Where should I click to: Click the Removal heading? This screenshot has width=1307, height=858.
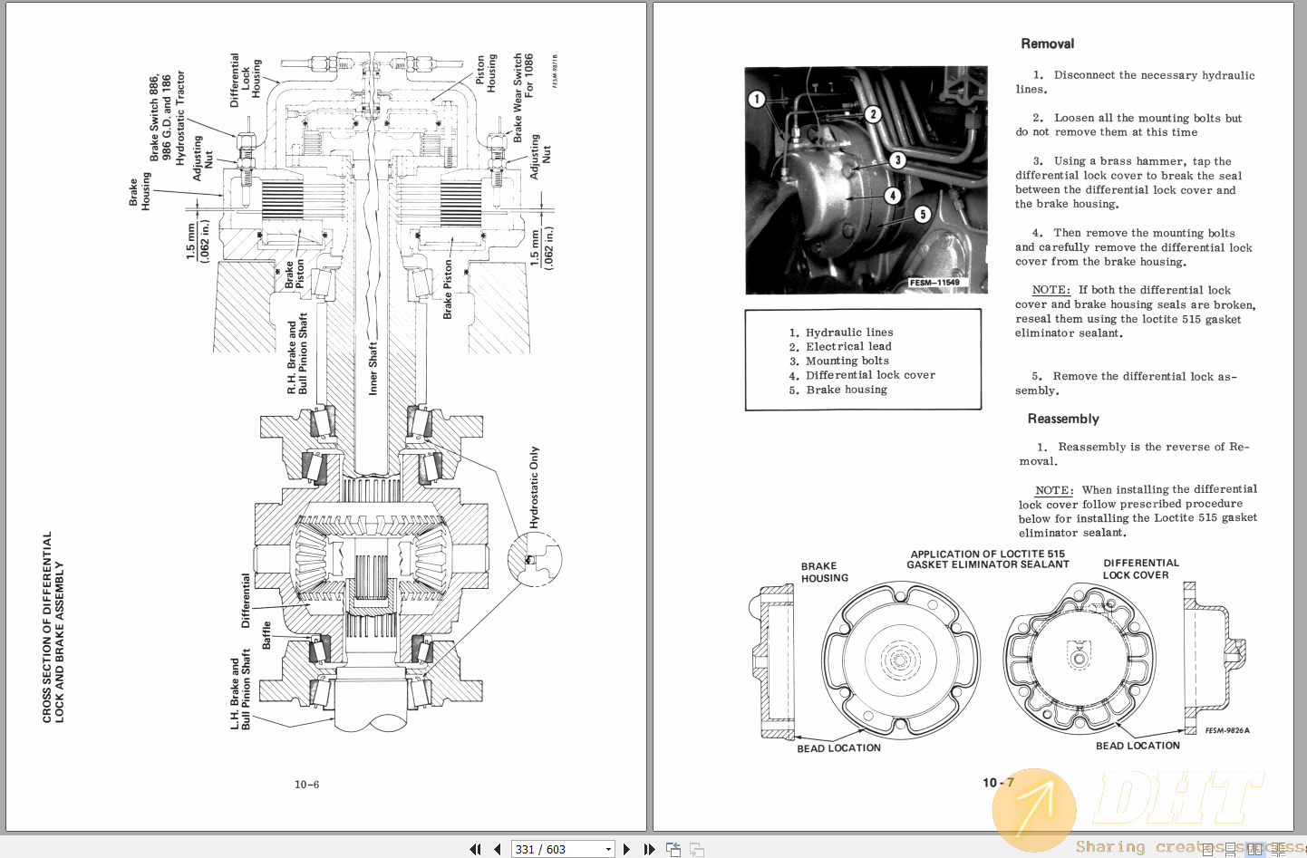click(1047, 43)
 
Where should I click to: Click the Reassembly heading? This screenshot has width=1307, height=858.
click(1062, 419)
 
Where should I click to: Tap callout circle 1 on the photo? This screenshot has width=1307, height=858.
click(757, 99)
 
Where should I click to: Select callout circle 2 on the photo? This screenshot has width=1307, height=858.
click(873, 114)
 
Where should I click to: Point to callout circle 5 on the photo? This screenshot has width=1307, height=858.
click(922, 215)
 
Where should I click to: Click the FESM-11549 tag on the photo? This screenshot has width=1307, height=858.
click(934, 283)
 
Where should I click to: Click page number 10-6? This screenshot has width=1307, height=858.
click(306, 785)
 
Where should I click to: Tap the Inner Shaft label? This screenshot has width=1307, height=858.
click(373, 368)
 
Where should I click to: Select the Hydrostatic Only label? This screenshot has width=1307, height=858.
click(534, 487)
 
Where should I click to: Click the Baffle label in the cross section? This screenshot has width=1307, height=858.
click(266, 635)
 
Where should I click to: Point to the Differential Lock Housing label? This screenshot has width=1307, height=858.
click(245, 80)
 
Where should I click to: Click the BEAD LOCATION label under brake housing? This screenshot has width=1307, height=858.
click(838, 748)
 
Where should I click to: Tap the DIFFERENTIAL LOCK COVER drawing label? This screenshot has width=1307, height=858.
click(1139, 569)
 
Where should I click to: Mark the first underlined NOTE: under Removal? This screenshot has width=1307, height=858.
click(1050, 290)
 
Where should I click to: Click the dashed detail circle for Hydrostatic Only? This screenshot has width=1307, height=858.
click(535, 559)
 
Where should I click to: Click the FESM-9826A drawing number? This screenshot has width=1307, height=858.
click(1227, 730)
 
